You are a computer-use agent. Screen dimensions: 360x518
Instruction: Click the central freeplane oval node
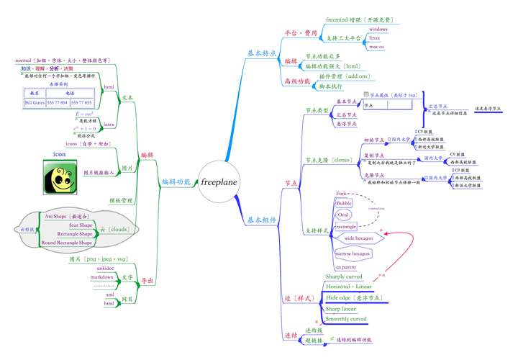[219, 182]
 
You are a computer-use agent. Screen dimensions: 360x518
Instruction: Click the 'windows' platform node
[378, 29]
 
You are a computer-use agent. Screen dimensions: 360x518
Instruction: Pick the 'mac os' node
[376, 46]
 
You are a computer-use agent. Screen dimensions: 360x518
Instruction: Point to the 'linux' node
[375, 37]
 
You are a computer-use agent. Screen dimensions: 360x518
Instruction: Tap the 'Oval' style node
[343, 215]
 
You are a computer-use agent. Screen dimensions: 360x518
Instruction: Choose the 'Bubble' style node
[345, 204]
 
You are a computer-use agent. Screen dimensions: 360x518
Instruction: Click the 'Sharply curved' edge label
[345, 276]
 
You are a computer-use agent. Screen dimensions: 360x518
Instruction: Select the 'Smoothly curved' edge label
[346, 318]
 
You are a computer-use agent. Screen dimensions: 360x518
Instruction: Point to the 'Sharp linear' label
[342, 308]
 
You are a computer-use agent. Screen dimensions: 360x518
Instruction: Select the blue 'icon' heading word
[60, 154]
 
